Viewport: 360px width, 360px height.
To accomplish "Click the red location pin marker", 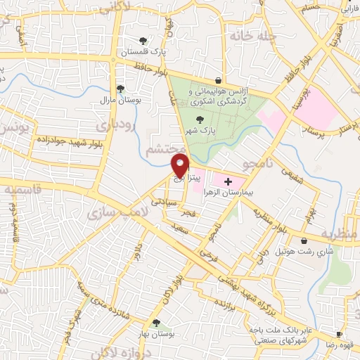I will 181,167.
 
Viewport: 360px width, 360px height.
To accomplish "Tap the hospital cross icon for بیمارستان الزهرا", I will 227,181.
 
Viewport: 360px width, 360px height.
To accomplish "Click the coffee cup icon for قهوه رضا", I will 340,334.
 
